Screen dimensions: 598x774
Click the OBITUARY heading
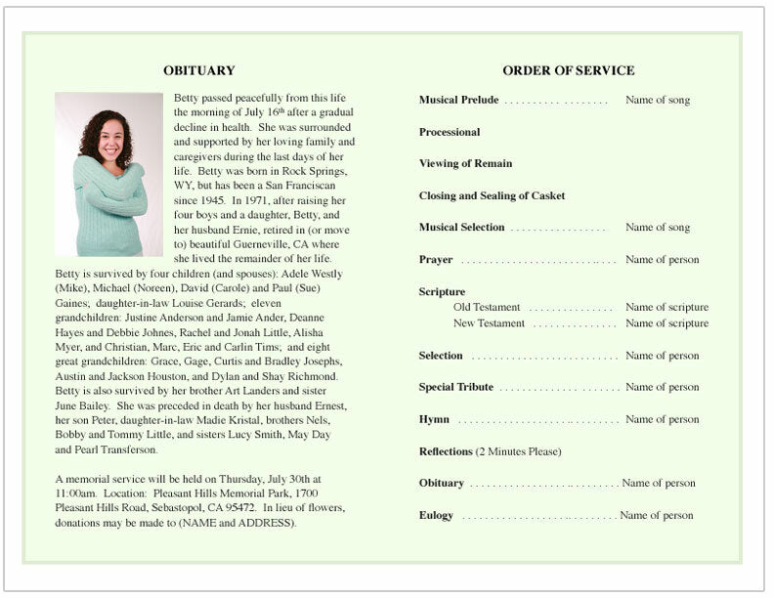pos(199,70)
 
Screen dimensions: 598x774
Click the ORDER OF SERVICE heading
pos(568,70)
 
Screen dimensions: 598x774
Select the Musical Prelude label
pos(458,100)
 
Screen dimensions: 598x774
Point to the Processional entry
pos(450,132)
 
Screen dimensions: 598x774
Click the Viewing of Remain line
pos(465,163)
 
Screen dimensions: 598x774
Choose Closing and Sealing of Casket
pos(492,195)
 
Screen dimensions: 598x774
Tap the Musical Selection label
pos(461,228)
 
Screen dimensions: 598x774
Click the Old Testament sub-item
pos(487,307)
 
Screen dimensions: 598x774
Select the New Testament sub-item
pos(489,323)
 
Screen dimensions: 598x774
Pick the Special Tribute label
pos(455,387)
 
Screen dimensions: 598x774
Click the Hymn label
pos(434,419)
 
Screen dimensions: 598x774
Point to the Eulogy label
pos(436,515)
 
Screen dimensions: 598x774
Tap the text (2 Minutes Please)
pos(518,451)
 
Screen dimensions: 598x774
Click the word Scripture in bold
pos(442,291)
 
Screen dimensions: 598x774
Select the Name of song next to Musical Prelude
pos(658,100)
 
